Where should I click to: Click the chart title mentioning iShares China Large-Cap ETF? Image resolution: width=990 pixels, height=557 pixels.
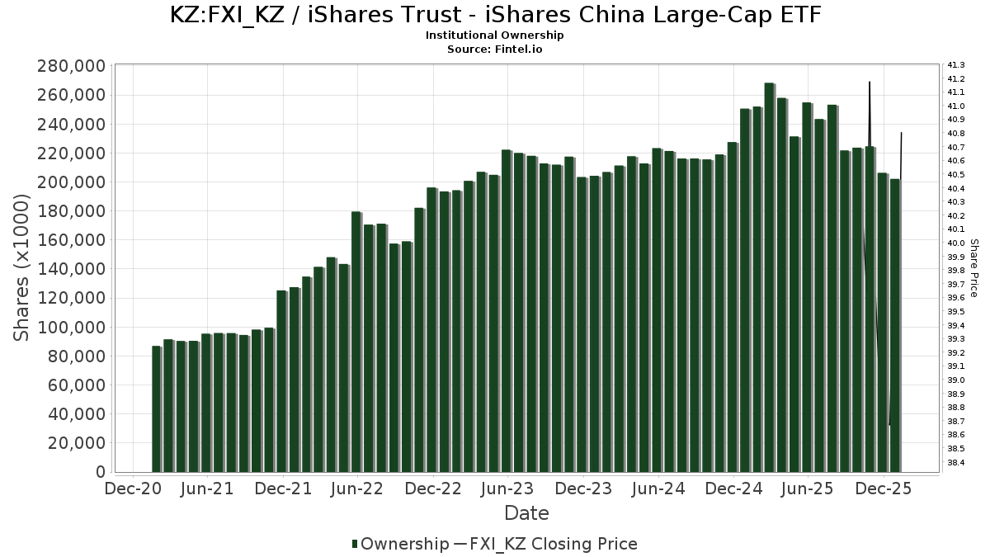(x=495, y=15)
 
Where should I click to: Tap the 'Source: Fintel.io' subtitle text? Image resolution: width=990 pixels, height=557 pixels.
(x=495, y=49)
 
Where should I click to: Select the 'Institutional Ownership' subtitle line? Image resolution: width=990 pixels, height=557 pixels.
(x=495, y=35)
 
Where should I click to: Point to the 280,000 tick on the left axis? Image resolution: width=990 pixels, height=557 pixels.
(x=72, y=66)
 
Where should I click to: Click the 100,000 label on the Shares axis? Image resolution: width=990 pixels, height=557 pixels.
(x=72, y=327)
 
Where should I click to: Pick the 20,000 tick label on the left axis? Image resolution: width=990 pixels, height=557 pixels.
(x=76, y=443)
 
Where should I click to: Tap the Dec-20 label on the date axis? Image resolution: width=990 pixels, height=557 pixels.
(x=133, y=489)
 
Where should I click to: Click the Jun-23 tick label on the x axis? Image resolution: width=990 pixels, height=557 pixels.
(x=507, y=489)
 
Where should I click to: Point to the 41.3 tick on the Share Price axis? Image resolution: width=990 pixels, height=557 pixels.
(x=957, y=65)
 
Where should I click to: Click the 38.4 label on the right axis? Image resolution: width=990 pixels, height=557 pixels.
(x=957, y=463)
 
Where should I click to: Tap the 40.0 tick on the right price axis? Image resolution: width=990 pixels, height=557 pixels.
(x=957, y=243)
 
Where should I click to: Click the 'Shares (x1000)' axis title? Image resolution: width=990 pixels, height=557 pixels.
(x=23, y=267)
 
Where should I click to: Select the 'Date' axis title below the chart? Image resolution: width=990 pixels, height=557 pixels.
(x=526, y=513)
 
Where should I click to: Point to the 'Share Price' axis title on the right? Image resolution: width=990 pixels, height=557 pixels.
(x=974, y=267)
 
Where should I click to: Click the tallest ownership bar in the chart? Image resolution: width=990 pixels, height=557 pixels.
(x=769, y=277)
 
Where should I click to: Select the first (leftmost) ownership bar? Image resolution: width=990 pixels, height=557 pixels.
(x=156, y=409)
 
